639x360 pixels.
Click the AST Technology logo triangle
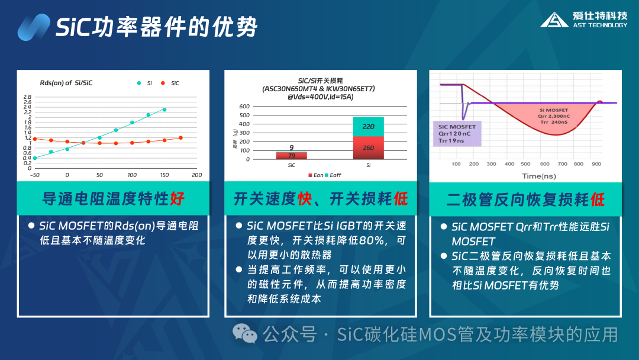554,20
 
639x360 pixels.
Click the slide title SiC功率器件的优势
156,27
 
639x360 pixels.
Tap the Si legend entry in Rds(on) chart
144,83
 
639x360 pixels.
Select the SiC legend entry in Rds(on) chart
170,83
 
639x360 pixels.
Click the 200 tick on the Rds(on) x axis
197,175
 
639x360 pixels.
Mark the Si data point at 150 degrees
164,110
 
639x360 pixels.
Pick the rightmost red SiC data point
180,137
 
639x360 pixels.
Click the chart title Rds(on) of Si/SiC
66,83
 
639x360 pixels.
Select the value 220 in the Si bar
368,127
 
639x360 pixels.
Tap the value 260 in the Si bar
368,148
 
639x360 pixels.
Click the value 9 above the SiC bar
291,147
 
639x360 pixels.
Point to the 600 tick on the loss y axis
261,107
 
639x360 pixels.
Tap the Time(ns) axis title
539,176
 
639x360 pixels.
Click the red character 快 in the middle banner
304,199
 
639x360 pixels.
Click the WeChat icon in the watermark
244,334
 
